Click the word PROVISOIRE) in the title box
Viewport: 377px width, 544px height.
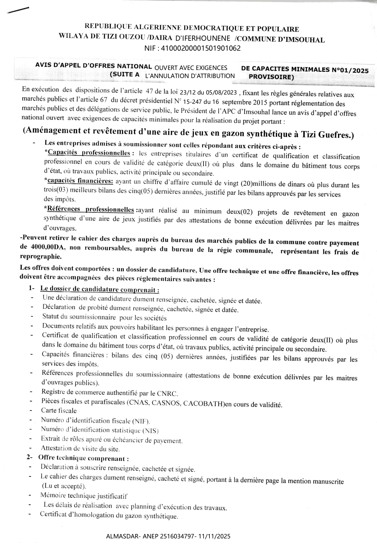271,77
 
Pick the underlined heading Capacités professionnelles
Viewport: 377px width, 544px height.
89,153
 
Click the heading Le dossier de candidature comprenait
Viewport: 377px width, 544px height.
100,289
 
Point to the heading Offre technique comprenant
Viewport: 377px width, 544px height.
83,459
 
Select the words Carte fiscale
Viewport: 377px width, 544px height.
59,411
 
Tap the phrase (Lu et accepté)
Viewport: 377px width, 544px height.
64,486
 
